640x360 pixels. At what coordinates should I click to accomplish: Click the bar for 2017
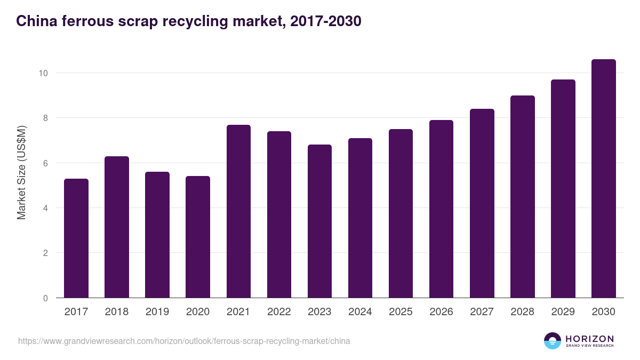coord(76,238)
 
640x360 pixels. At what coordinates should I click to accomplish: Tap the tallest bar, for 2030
coord(603,179)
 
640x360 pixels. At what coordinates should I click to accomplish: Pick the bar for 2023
coord(319,221)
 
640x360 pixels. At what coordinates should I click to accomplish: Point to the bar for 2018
coord(117,227)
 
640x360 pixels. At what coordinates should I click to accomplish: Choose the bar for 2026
coord(441,209)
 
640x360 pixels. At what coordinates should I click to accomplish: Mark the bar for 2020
coord(198,237)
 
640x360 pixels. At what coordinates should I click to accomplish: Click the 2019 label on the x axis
coord(157,312)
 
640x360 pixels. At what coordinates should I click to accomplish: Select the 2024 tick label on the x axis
coord(360,312)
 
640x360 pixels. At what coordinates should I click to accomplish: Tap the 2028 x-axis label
coord(522,312)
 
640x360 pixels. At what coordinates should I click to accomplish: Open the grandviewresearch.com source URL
coord(184,341)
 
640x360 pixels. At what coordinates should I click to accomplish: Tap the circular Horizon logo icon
coord(553,341)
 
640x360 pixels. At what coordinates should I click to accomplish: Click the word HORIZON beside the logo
coord(589,339)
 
